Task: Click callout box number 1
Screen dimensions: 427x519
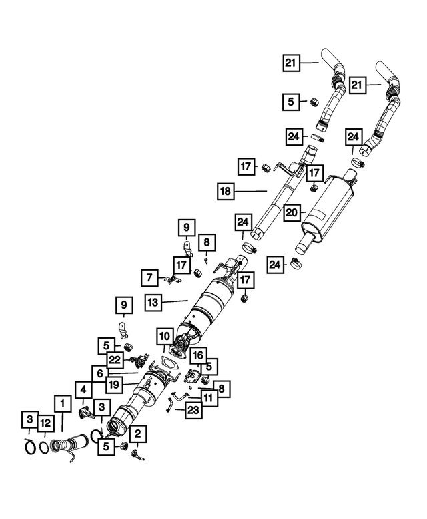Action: click(x=62, y=403)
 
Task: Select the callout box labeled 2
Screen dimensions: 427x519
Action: click(x=138, y=434)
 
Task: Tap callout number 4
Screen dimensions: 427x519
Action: click(x=83, y=390)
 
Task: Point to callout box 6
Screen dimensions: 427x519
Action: click(x=100, y=373)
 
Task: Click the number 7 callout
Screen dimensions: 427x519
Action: click(x=149, y=278)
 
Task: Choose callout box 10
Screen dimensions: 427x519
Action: click(x=165, y=336)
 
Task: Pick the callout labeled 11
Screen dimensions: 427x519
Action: click(x=209, y=398)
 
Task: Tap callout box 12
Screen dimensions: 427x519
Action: click(x=46, y=423)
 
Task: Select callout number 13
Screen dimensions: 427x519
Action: click(x=153, y=302)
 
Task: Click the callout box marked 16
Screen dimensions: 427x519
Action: click(x=198, y=355)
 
